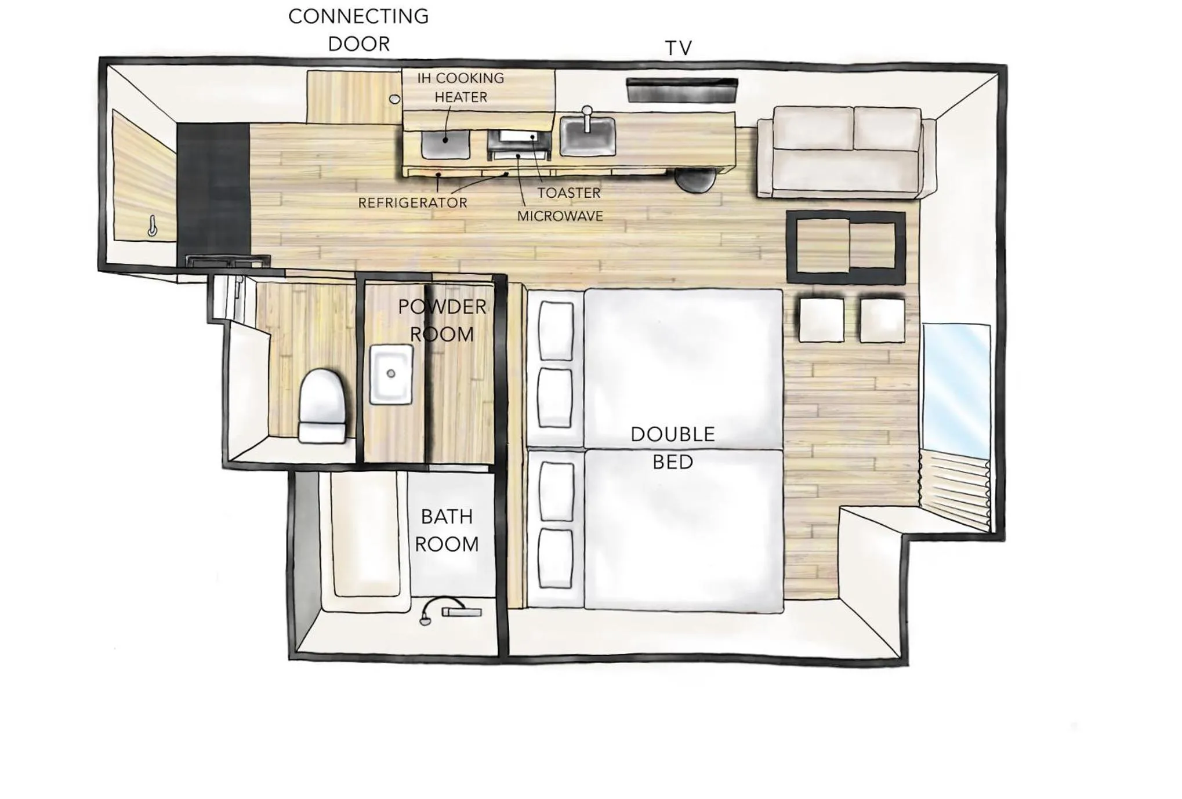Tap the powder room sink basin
[x=391, y=375]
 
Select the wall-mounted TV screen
[x=682, y=90]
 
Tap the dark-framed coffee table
[x=846, y=248]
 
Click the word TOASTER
[x=568, y=193]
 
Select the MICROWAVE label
[x=560, y=216]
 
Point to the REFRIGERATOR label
[x=412, y=203]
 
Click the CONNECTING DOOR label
[x=358, y=30]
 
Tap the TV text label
[x=678, y=48]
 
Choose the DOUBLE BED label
[x=673, y=448]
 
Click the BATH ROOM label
[x=447, y=530]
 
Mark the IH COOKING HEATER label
[x=461, y=88]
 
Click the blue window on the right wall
[x=956, y=391]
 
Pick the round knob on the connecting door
[x=394, y=99]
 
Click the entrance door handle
[x=152, y=226]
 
